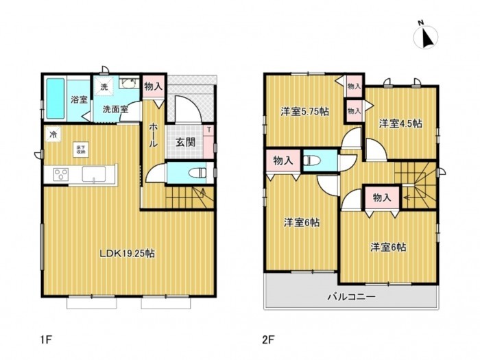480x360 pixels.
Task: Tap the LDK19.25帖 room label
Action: (127, 253)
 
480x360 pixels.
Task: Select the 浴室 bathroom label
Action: (79, 99)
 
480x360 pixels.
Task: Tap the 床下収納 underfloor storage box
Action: (81, 149)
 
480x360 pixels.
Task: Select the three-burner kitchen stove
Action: (59, 174)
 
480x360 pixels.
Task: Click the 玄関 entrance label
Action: (184, 143)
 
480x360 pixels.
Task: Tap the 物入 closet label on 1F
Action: (154, 87)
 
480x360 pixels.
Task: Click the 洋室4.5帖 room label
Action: (401, 123)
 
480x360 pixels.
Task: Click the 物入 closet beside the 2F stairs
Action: (382, 197)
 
